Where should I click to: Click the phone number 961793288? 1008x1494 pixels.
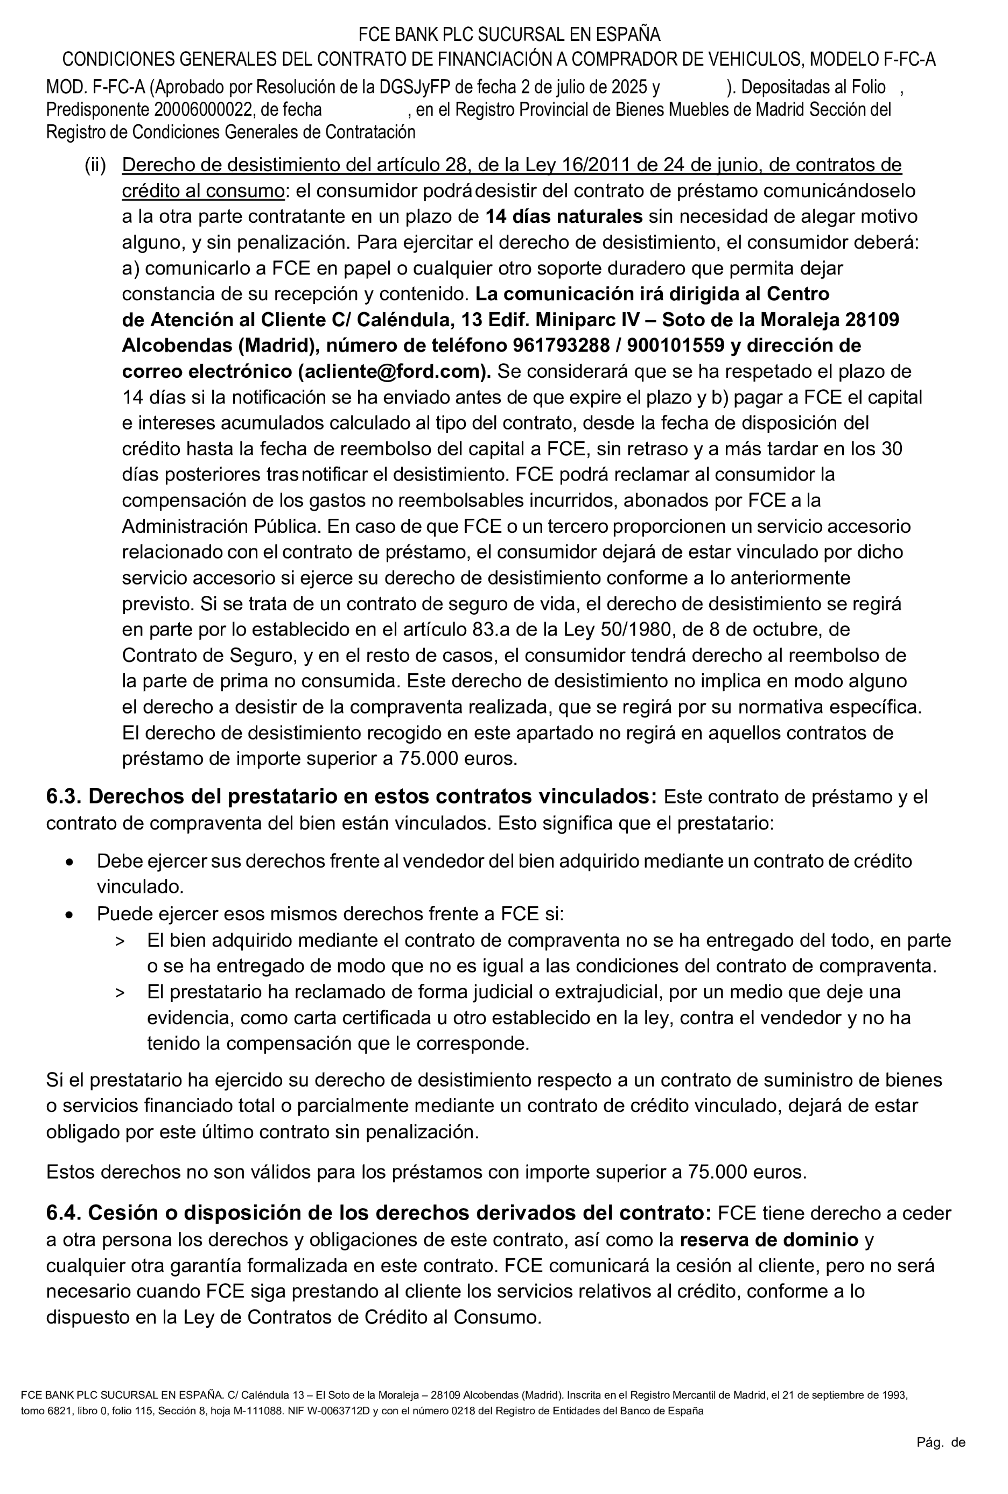pyautogui.click(x=561, y=346)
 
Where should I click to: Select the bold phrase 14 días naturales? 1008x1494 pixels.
pyautogui.click(x=564, y=216)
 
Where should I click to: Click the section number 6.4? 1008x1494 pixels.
pyautogui.click(x=64, y=1213)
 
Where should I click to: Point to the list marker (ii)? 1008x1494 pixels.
pyautogui.click(x=95, y=165)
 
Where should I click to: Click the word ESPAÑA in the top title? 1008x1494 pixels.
pyautogui.click(x=629, y=34)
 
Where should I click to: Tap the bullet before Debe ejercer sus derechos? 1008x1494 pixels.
pyautogui.click(x=70, y=862)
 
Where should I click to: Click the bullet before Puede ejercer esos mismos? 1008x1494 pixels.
pyautogui.click(x=70, y=914)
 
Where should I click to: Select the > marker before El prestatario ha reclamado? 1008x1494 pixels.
pyautogui.click(x=120, y=993)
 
